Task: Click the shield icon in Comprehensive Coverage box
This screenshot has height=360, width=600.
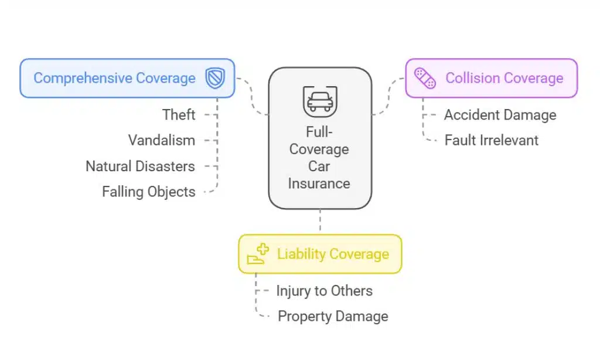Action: pos(215,78)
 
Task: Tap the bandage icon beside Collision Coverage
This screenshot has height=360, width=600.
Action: pos(425,78)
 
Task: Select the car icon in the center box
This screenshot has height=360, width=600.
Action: pos(320,101)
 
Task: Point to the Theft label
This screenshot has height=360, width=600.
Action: pos(179,115)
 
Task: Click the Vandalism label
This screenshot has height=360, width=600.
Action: pos(162,140)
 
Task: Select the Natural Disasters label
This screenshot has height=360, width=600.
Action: pos(140,166)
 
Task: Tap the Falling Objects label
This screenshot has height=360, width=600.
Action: pos(148,192)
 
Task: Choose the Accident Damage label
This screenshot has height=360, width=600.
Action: pos(500,115)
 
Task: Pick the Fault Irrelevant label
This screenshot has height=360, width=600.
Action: pos(491,140)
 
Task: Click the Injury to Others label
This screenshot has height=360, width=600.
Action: pos(324,291)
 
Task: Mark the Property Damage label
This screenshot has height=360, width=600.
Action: pos(333,317)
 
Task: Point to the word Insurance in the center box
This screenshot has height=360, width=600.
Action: pos(319,184)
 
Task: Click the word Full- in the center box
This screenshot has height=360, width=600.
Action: pos(319,133)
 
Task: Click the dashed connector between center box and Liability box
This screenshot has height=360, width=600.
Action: pos(320,222)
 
